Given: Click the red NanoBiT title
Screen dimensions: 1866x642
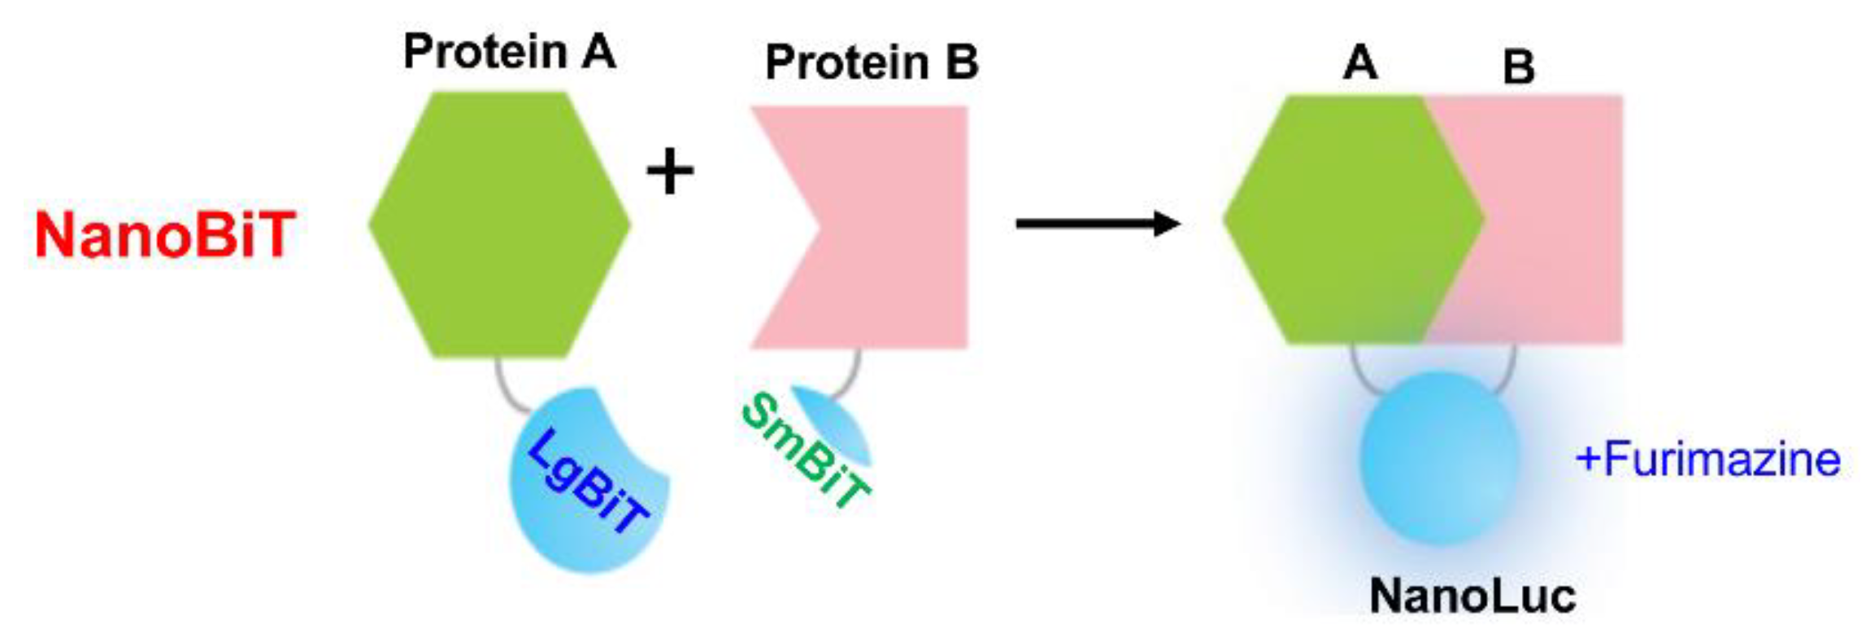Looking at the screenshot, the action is click(165, 236).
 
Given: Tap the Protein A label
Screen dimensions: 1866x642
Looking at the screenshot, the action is click(510, 53).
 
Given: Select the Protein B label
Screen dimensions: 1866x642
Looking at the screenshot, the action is click(872, 63).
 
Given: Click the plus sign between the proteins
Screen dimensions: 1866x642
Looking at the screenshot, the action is click(670, 172).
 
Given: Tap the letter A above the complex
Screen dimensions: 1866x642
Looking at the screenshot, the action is click(1360, 63).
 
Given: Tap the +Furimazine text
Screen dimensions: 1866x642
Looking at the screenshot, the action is click(1707, 459).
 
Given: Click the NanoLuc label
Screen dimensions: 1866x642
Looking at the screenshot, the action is click(1472, 596).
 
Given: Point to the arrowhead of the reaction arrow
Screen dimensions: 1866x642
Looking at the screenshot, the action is click(1168, 223).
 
